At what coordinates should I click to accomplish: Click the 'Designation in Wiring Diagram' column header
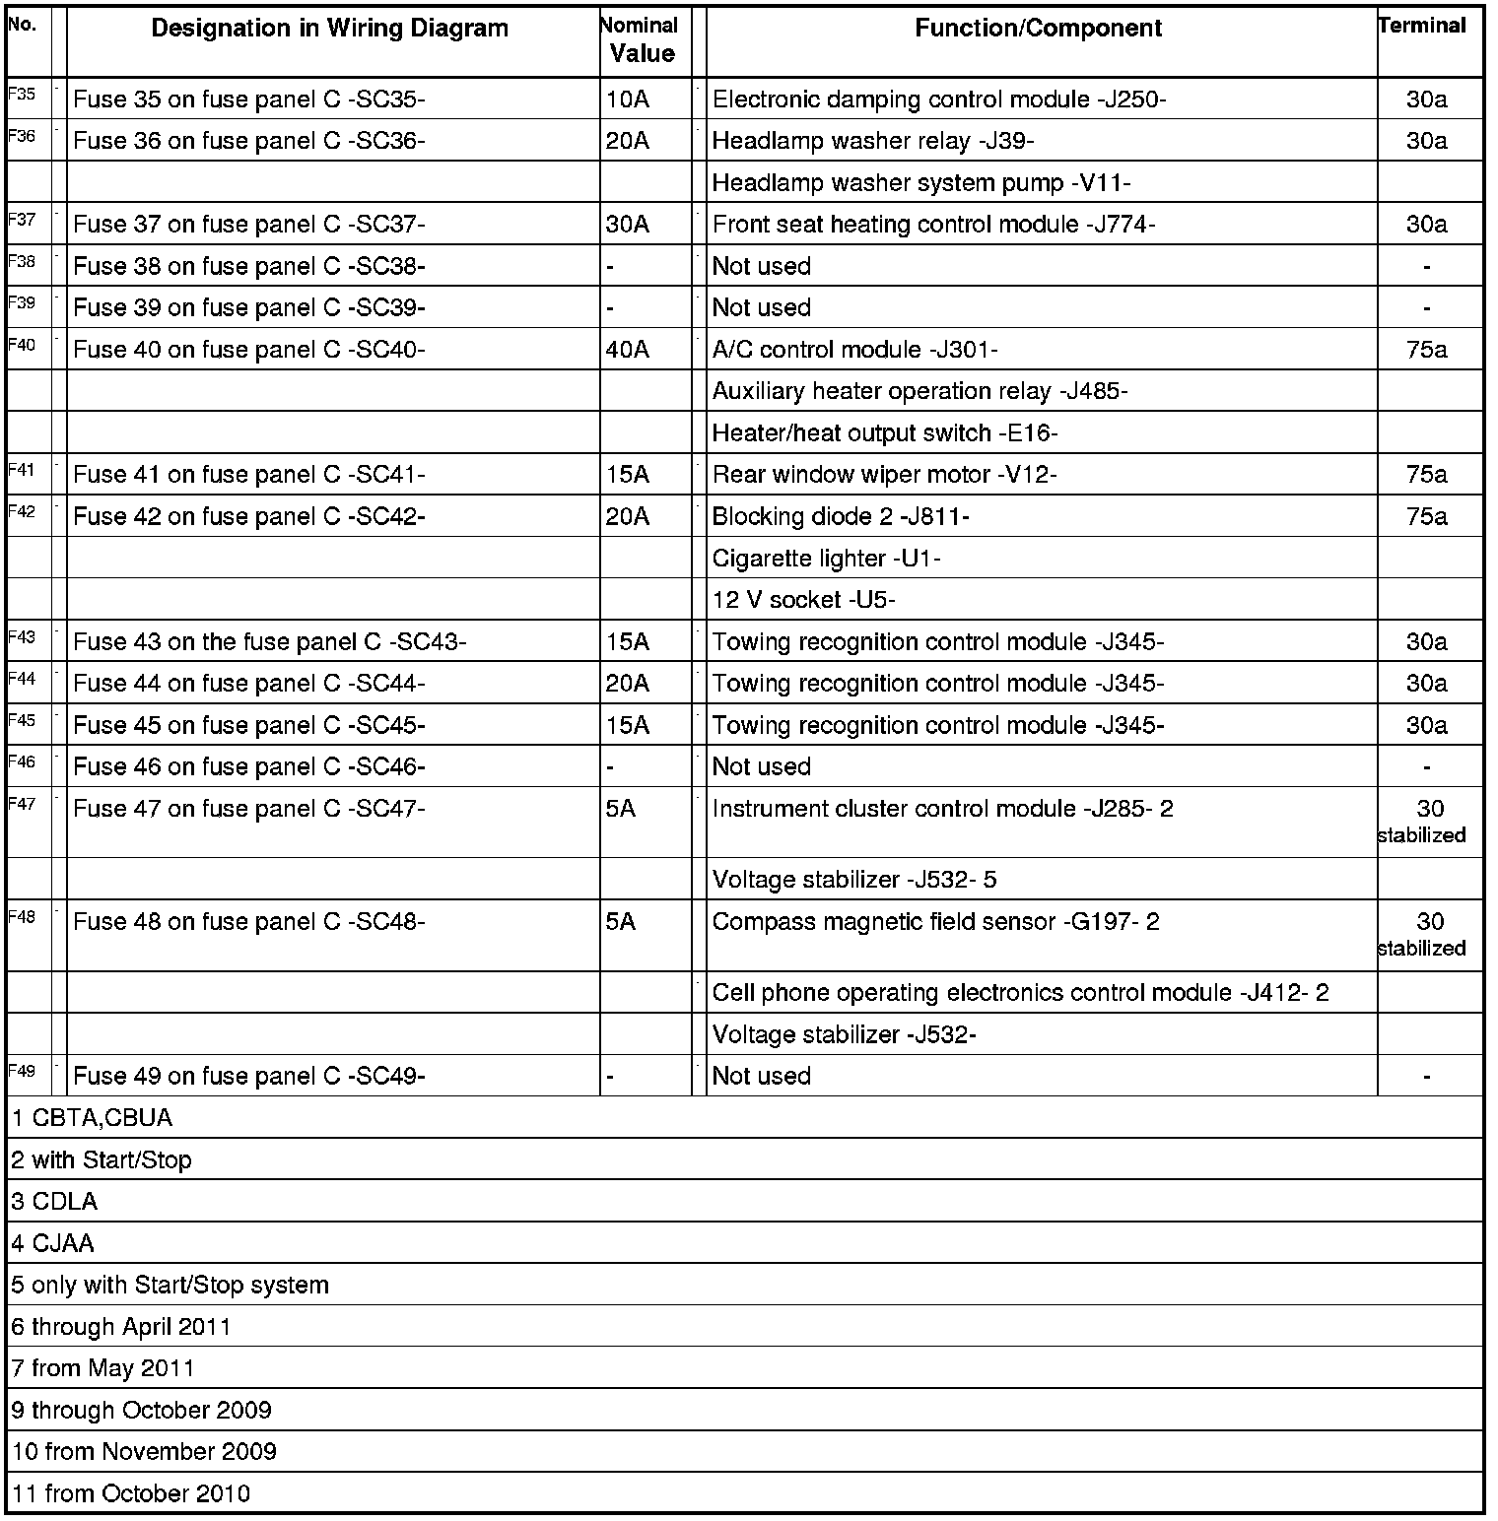329,29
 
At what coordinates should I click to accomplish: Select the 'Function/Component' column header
1038,29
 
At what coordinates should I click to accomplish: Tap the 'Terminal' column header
1422,27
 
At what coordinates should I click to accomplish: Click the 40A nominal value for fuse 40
628,350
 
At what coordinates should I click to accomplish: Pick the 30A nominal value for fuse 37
628,225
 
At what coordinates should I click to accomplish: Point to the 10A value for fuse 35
628,99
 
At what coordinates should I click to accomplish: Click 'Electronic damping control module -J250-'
938,99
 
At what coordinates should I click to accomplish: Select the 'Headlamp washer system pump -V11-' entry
920,183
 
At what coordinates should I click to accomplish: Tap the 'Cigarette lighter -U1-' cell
826,559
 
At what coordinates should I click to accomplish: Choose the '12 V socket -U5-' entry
803,600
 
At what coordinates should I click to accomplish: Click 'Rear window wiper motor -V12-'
884,475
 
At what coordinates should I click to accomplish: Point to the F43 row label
22,637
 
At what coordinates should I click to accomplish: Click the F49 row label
22,1072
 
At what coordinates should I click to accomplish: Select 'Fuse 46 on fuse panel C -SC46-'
249,767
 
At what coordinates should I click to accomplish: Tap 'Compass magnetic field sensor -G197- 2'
935,922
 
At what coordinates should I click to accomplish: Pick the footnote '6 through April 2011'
121,1327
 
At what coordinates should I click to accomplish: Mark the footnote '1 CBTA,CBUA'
92,1118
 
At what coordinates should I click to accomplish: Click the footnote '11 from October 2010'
131,1493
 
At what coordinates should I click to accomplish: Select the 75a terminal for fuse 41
1426,475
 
